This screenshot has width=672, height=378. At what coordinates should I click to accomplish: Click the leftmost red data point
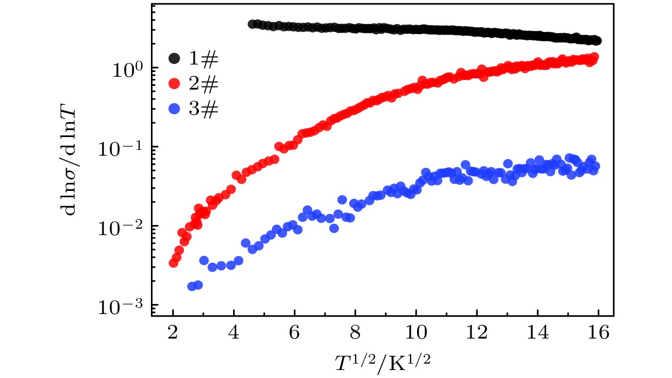point(173,263)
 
